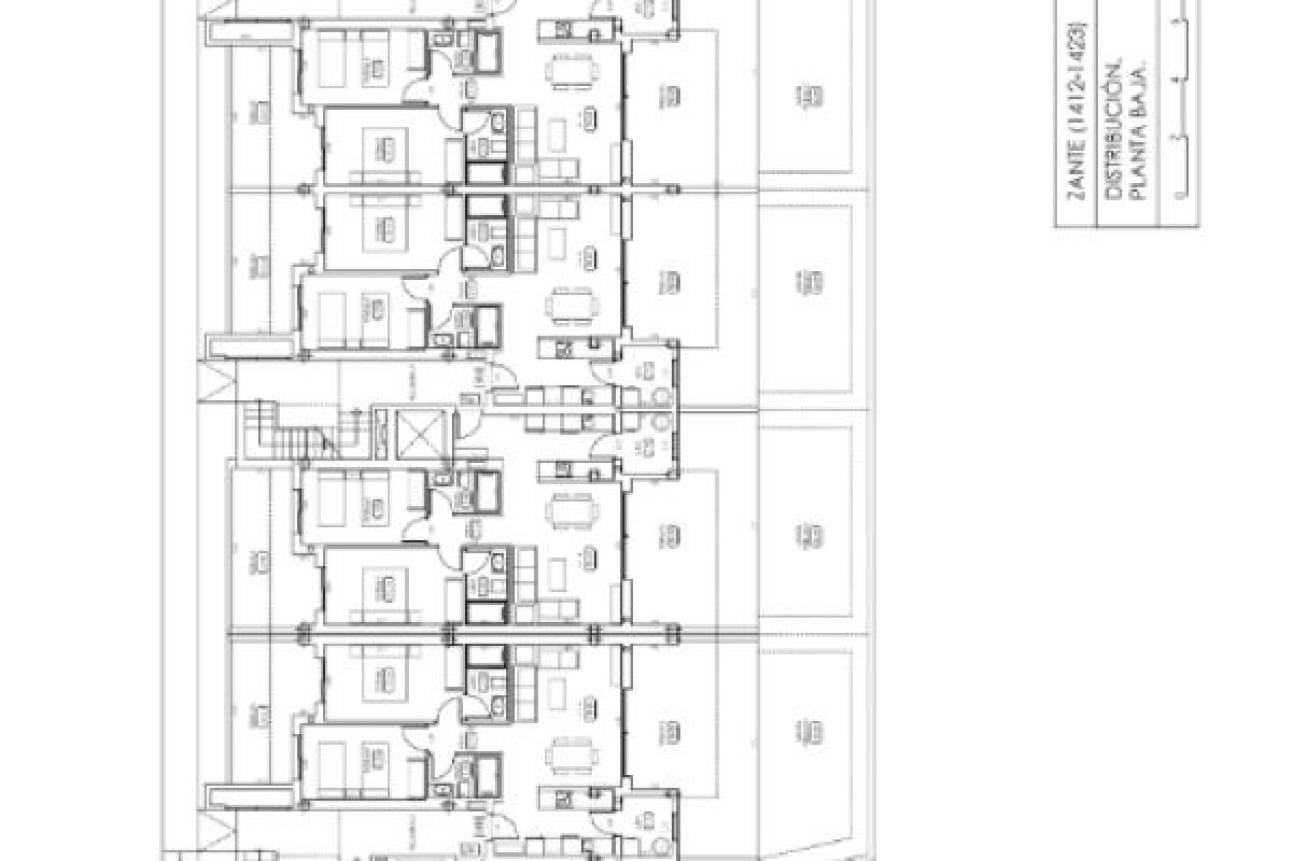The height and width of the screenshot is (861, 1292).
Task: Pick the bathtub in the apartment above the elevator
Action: (486, 324)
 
